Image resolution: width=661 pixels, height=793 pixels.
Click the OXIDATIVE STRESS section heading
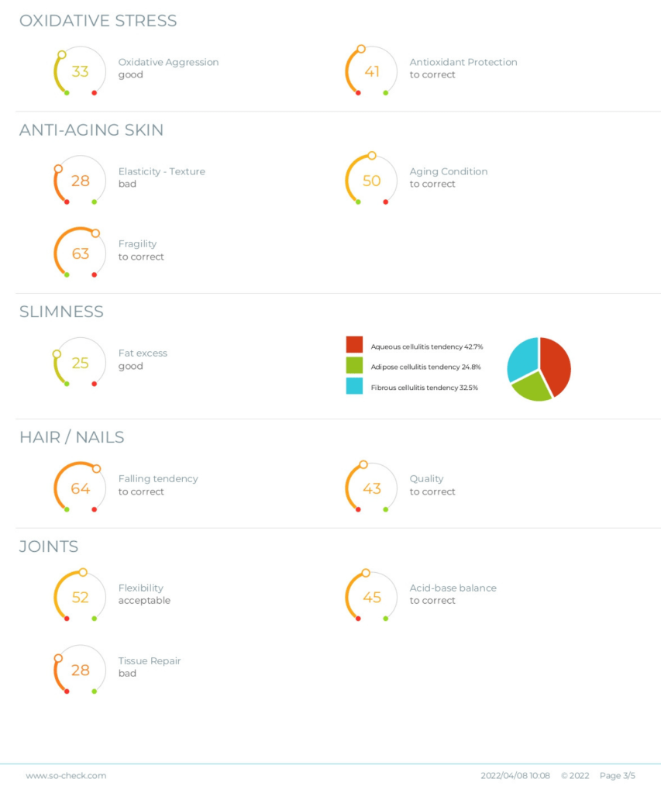[x=98, y=21]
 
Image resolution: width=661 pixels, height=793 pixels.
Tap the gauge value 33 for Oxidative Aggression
[x=80, y=71]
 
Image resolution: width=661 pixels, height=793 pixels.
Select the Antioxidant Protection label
[x=463, y=62]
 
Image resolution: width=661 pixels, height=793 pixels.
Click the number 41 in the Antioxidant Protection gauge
[x=372, y=71]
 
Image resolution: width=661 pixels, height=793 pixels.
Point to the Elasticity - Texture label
[x=161, y=171]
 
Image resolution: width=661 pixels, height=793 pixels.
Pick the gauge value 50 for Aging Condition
[x=372, y=181]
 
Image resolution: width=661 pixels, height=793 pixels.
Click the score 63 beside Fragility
[x=80, y=253]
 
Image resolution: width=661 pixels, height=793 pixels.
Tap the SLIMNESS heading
[x=61, y=312]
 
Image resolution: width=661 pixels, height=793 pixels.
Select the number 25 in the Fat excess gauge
[x=80, y=363]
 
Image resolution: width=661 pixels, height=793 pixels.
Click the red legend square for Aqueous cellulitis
[x=354, y=345]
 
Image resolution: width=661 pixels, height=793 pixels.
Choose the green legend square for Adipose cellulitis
[x=354, y=365]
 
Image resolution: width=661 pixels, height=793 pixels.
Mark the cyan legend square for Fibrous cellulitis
[x=354, y=386]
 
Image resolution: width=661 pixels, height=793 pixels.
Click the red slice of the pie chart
[x=556, y=364]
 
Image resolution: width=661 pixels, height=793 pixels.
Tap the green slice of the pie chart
[x=532, y=386]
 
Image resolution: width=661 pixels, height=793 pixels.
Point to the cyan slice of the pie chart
[x=522, y=357]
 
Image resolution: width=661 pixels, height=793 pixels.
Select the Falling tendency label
[x=157, y=478]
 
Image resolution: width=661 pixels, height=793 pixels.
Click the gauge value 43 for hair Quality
[x=372, y=488]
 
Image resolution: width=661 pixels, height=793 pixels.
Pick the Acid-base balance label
[x=453, y=588]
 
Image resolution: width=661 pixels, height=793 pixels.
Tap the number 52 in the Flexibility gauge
[x=80, y=598]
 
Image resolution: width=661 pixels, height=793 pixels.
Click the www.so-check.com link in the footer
[x=66, y=775]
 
